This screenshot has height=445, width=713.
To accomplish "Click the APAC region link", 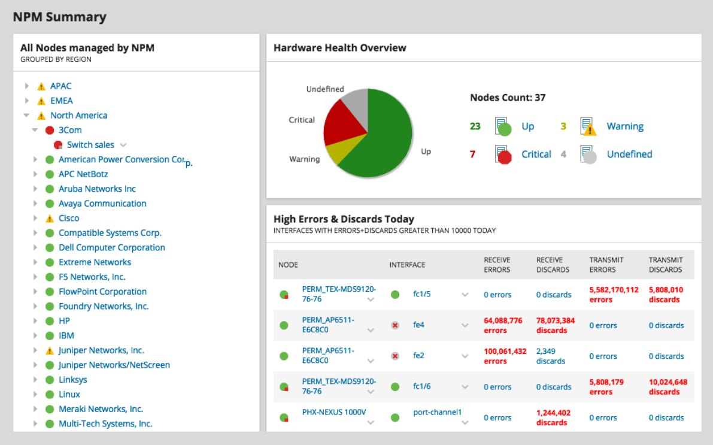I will [x=60, y=86].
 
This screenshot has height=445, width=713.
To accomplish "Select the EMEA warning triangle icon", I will [x=41, y=101].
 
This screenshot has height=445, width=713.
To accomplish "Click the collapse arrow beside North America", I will [x=26, y=116].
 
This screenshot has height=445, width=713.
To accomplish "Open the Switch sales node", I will [x=90, y=145].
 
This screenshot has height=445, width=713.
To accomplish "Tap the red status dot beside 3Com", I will [x=50, y=131].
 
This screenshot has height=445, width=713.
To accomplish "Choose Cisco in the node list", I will [x=69, y=219].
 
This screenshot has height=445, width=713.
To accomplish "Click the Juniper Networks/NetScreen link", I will [x=114, y=365].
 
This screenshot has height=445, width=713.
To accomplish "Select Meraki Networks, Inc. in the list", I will [x=101, y=409].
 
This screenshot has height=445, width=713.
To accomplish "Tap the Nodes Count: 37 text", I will [x=508, y=98].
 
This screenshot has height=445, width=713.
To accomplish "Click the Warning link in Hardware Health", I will [x=625, y=126].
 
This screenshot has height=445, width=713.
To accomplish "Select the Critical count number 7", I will [x=472, y=155].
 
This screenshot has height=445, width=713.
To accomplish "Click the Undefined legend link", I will [x=629, y=155].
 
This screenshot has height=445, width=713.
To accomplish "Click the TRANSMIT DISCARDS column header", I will [x=665, y=265].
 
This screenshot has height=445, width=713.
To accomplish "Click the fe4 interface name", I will [x=418, y=325].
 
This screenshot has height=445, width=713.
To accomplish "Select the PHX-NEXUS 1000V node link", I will [x=333, y=412].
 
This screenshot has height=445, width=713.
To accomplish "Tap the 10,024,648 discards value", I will [x=668, y=387].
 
